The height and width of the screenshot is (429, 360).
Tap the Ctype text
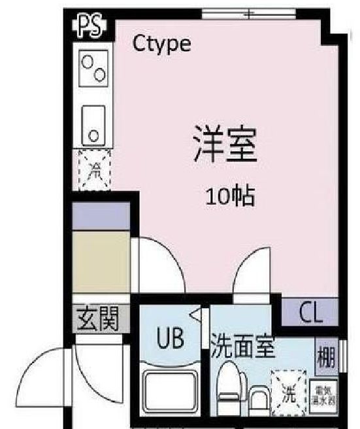click(x=161, y=44)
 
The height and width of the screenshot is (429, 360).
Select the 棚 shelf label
click(x=326, y=356)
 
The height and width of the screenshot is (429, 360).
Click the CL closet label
click(x=310, y=313)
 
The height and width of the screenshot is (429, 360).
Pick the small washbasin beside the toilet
click(x=259, y=399)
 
